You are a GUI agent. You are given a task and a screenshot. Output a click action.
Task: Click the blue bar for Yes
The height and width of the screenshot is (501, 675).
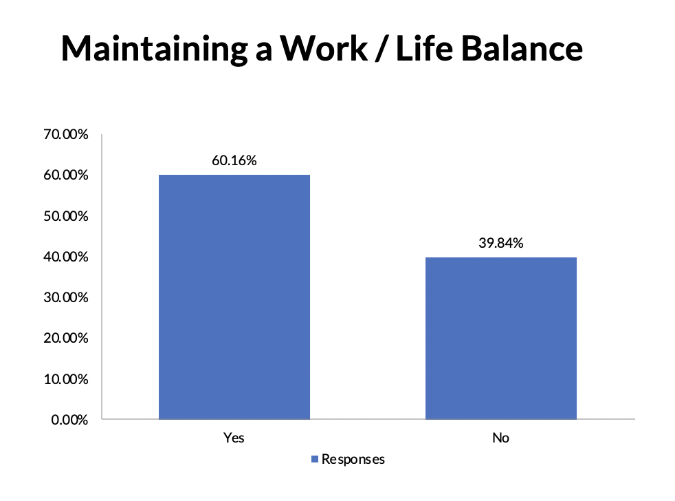(234, 297)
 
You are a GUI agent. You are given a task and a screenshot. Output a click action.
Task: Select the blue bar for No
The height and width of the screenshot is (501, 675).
(501, 338)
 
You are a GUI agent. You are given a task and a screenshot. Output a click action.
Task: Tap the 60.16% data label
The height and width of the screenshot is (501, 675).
(234, 160)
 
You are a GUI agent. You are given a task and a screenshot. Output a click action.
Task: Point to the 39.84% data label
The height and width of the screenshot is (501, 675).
(501, 243)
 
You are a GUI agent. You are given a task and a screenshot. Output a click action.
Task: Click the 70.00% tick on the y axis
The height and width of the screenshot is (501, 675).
(66, 134)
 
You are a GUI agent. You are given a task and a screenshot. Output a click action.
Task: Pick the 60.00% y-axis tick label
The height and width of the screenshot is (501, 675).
(66, 175)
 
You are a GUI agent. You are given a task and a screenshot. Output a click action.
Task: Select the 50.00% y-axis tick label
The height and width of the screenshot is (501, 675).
(66, 216)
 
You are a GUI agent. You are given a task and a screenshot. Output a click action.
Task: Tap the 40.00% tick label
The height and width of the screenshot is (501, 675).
(66, 257)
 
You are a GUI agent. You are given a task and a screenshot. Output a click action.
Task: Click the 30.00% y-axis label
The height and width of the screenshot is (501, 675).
(66, 297)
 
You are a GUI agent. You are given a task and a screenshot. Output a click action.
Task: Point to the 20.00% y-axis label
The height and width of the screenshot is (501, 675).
(66, 338)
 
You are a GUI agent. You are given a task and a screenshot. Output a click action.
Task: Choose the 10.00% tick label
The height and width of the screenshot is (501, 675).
(66, 379)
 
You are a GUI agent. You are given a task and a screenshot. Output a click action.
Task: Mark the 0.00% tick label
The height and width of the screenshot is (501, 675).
(69, 420)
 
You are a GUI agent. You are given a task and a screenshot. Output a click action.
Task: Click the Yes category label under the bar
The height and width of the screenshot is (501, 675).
(234, 438)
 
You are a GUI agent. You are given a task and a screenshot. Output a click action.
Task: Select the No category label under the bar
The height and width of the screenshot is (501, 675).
(500, 438)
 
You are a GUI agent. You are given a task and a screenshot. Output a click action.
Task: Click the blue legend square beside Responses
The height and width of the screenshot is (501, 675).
(315, 459)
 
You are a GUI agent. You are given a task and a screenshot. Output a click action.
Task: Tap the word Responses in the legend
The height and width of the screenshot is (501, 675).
(353, 460)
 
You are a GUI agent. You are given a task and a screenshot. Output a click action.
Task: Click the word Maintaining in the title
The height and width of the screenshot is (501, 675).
(155, 49)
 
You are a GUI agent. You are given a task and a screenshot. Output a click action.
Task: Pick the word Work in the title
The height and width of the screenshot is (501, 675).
(324, 48)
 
